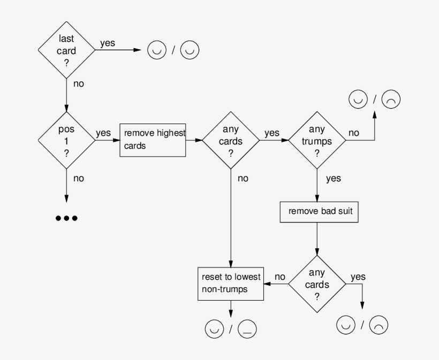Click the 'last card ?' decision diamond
pos(67,50)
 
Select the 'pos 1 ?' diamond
pos(67,141)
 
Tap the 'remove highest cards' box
pos(153,141)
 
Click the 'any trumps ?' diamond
pos(317,141)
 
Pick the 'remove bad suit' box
pos(319,211)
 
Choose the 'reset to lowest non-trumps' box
pos(231,283)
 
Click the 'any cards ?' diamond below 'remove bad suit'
pos(317,284)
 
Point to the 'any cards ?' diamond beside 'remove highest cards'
pos(231,141)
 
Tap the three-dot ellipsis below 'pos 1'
pos(67,218)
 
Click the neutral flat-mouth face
pos(247,328)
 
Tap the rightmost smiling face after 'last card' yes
pos(190,50)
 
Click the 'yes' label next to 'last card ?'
pos(107,43)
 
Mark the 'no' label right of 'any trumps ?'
pos(354,133)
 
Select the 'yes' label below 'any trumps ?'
pos(333,178)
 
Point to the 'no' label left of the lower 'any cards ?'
pos(280,277)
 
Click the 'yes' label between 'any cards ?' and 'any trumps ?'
pos(271,133)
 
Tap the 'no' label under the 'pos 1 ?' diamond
pos(78,178)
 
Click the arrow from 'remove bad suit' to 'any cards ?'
pos(317,238)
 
